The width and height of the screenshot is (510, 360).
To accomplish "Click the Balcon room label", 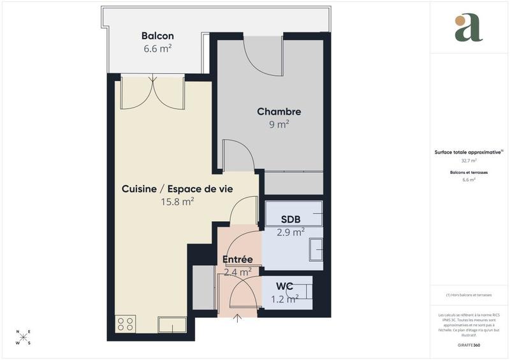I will [x=157, y=36].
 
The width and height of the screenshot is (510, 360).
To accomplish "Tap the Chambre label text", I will [x=279, y=112].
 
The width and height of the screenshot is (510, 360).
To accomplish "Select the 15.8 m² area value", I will [x=177, y=201].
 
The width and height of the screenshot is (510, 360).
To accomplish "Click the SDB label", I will [x=291, y=220].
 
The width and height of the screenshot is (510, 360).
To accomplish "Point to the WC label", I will [x=284, y=286].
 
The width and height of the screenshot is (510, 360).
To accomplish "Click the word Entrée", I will [x=237, y=259].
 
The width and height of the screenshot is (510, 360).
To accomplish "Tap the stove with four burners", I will [x=126, y=324].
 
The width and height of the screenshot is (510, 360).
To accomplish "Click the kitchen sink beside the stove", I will [x=172, y=324].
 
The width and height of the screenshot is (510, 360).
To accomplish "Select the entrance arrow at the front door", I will [x=238, y=317].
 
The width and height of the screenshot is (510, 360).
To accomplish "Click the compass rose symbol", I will [x=23, y=337].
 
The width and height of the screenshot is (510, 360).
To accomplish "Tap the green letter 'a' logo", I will [x=469, y=27].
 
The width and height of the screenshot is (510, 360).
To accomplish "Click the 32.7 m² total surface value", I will [x=469, y=161].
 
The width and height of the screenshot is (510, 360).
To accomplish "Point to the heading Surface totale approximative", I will [x=468, y=152].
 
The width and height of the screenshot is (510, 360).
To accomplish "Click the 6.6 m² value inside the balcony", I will [x=157, y=48].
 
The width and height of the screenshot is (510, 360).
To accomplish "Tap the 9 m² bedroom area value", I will [x=279, y=124].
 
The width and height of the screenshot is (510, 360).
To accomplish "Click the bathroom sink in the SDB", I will [x=316, y=250].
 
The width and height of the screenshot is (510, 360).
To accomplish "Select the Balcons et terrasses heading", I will [x=469, y=172].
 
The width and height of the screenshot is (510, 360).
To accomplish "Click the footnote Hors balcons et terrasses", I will [x=469, y=295].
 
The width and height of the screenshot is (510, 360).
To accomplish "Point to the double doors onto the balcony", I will [x=153, y=92].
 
